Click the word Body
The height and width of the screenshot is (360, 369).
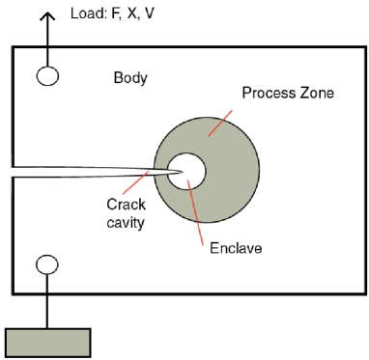coord(130,77)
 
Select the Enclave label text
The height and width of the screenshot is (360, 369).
coord(235,248)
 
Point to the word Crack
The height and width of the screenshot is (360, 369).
coord(126,205)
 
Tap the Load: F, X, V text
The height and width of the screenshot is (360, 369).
coord(106,16)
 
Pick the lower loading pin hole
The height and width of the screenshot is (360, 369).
coord(46,264)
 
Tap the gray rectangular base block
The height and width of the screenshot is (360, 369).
coord(47,343)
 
